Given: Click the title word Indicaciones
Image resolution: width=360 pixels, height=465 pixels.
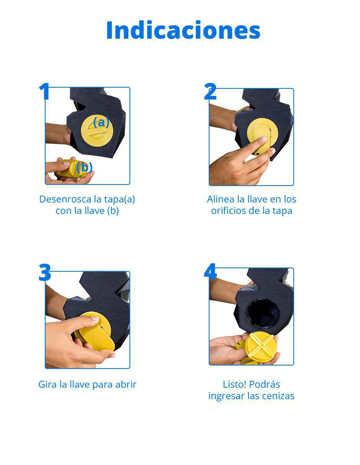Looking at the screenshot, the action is coord(183,30).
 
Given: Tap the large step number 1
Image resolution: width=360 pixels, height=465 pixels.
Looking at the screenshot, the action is coord(44,91).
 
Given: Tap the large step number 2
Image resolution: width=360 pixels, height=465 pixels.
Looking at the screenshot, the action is coord(210,91).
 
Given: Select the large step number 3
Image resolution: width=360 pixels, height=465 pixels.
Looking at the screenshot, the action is coord(45,272).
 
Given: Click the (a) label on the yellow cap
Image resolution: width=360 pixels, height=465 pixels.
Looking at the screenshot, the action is coord(101,122).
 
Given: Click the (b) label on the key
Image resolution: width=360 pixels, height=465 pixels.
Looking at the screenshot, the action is coord(85,167).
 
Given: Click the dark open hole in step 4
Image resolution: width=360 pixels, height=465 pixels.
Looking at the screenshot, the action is coord(263,313).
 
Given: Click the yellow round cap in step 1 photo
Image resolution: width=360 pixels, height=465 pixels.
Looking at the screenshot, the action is coord(97,131).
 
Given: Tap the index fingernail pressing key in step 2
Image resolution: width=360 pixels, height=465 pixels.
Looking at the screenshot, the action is coord(265,139).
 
